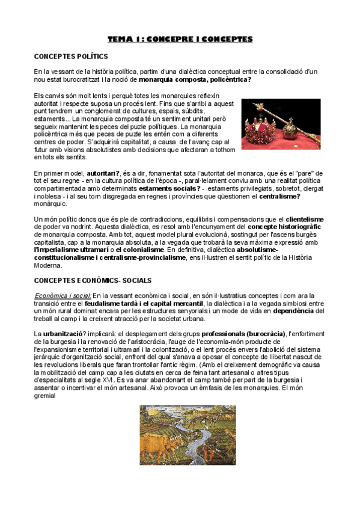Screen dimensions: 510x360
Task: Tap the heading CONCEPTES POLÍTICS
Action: (71, 57)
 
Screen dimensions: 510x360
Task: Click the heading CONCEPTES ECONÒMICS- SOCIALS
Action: (93, 280)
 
